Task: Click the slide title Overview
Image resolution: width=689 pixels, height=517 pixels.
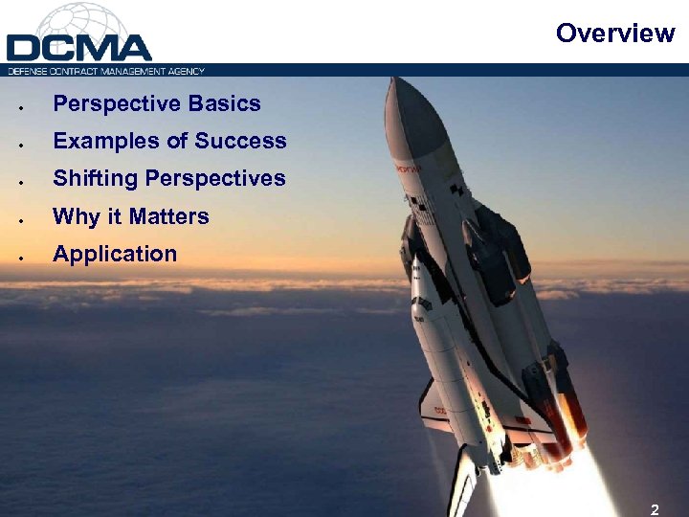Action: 614,34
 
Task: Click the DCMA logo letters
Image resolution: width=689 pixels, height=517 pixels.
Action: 79,48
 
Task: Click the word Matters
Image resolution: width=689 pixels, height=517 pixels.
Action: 169,216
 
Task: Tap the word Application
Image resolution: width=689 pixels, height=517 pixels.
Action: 115,255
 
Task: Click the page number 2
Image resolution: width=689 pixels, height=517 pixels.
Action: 654,509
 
